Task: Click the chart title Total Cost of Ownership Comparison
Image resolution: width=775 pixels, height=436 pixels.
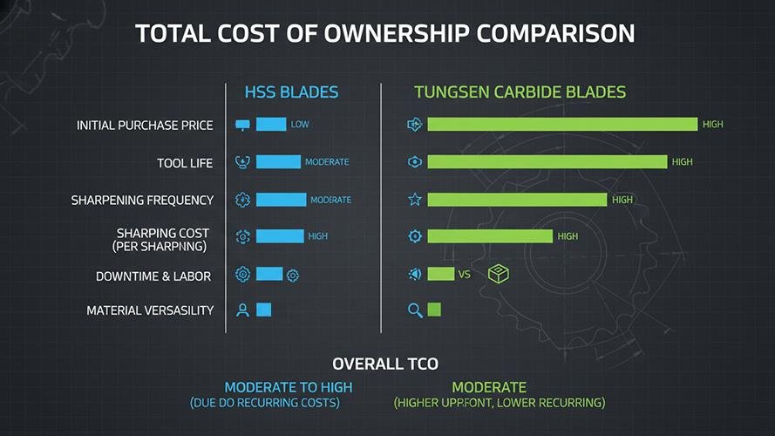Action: [385, 34]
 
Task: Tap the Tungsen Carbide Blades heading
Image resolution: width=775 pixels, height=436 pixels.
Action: [520, 92]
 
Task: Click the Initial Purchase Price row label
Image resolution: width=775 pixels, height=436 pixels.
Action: [145, 126]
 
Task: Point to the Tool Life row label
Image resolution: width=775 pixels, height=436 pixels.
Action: [185, 163]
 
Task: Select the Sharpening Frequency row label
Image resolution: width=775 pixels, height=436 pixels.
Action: [142, 201]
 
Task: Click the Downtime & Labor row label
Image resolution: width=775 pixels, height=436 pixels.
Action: [154, 276]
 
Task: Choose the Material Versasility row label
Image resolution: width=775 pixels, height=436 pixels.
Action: [150, 310]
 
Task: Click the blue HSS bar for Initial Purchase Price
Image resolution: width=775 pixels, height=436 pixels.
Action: [271, 125]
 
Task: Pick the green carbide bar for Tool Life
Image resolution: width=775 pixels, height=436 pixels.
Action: [547, 162]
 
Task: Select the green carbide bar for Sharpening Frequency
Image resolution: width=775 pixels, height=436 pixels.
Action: [517, 200]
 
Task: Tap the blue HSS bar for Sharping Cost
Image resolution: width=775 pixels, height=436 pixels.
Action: [280, 236]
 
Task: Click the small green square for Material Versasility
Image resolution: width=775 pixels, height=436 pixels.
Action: [434, 310]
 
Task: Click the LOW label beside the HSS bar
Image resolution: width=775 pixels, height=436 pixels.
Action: [300, 125]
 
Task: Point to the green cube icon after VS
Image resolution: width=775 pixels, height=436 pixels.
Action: [499, 274]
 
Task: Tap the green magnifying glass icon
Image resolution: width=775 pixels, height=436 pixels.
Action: [415, 310]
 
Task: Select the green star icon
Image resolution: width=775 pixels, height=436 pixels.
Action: [415, 200]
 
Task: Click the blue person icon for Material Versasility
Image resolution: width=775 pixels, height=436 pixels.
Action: [243, 310]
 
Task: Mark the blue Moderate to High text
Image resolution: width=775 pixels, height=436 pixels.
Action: [289, 387]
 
